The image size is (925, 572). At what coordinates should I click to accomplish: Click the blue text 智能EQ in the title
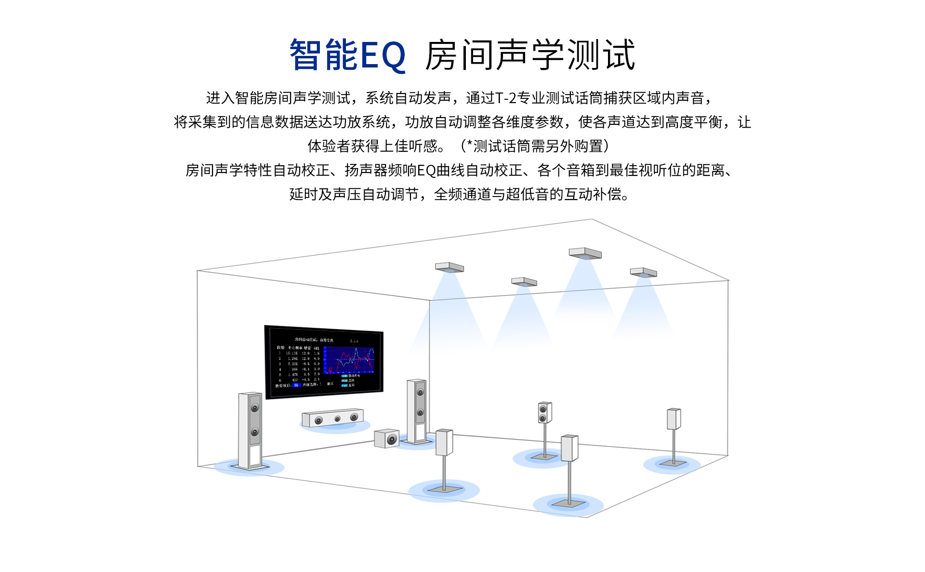coord(347,55)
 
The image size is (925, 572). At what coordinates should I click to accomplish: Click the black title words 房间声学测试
coord(530,55)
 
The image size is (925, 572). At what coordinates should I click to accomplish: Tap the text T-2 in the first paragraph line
coord(506,98)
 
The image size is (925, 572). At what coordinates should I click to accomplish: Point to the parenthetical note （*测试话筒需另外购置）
coord(535,146)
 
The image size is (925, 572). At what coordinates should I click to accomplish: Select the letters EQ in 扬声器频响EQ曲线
coord(426,171)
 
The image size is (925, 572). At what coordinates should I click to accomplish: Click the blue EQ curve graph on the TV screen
coord(349,360)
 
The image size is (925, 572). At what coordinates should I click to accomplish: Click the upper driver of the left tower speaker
coord(255,408)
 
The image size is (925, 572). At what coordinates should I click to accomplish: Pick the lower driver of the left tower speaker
coord(255,432)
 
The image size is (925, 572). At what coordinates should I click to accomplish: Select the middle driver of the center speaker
coord(337,419)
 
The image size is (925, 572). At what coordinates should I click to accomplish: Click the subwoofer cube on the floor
coord(387,439)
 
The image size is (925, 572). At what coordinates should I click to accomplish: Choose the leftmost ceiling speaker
coord(449,267)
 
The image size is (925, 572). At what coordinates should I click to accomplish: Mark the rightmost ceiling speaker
coord(644,273)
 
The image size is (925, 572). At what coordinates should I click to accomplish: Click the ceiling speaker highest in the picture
coord(585,253)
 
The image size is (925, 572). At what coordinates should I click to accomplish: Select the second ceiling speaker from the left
coord(524,281)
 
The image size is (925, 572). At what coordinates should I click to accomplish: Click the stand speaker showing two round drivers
coord(544,413)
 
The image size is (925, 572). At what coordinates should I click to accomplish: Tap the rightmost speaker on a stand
coord(674,419)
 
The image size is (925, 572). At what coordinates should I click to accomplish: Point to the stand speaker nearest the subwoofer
coord(444,442)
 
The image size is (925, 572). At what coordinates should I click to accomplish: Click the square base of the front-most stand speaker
coord(569,504)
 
